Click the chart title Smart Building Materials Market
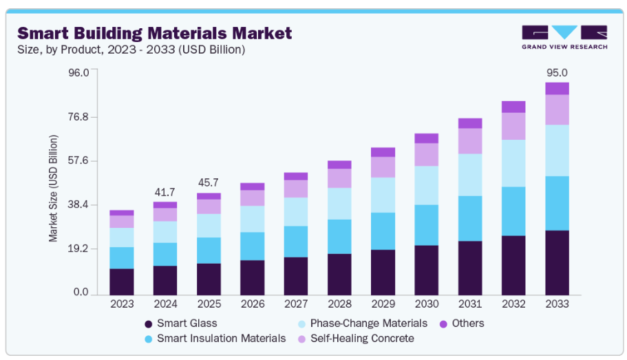(155, 32)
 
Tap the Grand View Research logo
(564, 37)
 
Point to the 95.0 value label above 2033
(557, 72)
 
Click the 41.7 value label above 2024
(164, 192)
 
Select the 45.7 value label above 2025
(208, 182)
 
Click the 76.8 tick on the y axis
(78, 117)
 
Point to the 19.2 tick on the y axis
(78, 249)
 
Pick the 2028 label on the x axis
(339, 303)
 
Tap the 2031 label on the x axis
(469, 303)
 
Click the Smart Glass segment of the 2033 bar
(557, 262)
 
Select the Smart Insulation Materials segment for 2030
(426, 224)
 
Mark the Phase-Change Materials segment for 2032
(513, 163)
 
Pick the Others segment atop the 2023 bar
(121, 213)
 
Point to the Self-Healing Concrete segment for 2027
(295, 189)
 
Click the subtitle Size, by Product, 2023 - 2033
(131, 50)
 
